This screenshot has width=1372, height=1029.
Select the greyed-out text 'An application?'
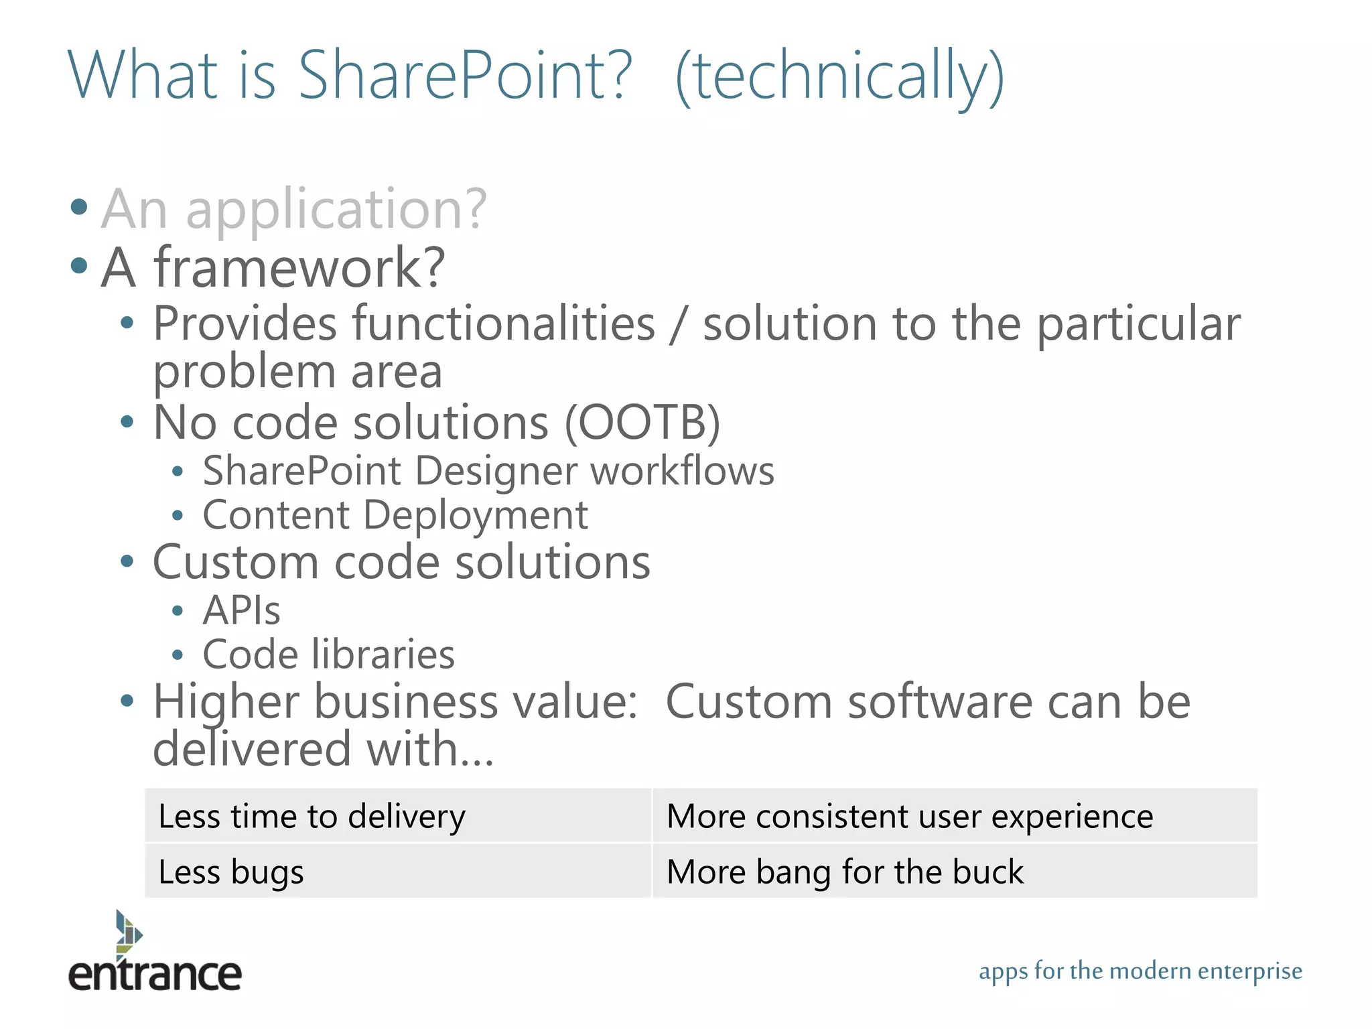pos(293,209)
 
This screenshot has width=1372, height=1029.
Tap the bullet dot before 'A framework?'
pos(79,266)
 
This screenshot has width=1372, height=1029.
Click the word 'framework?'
pos(299,267)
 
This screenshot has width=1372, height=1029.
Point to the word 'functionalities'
pos(504,324)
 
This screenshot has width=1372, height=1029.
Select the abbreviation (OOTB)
pos(642,423)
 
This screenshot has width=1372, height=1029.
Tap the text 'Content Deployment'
pos(395,515)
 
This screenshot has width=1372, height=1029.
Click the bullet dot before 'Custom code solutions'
pos(127,561)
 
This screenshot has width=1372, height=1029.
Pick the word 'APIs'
pos(241,610)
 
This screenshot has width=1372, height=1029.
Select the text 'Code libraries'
pos(328,655)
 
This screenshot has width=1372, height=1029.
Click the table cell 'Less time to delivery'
pos(398,816)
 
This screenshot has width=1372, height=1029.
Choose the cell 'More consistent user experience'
pos(954,816)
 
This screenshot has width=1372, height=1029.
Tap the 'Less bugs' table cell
pos(398,872)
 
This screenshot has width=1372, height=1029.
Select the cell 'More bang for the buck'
pos(954,872)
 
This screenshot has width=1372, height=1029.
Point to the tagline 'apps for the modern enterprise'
pos(1140,971)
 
